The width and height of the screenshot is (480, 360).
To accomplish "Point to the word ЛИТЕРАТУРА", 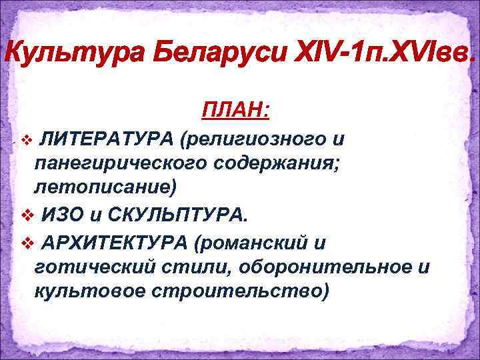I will [106, 139].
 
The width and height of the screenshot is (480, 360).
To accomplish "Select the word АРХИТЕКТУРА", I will [113, 243].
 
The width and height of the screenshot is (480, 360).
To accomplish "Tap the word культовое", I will [91, 291].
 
